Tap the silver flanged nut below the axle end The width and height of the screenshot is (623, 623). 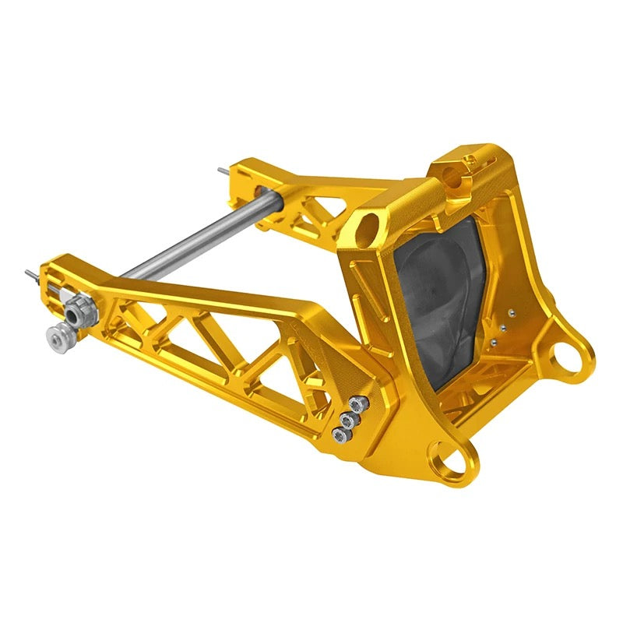click(55, 336)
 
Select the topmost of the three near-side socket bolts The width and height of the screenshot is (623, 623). click(356, 403)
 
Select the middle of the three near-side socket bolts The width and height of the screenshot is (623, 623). click(348, 419)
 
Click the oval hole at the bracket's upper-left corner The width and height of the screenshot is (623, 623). click(367, 226)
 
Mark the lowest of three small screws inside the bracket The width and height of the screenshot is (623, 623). click(494, 341)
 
